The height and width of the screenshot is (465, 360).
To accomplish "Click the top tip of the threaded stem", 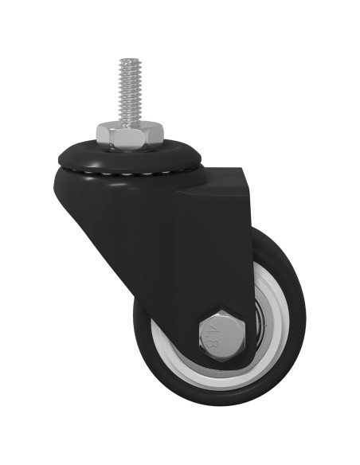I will (128, 61).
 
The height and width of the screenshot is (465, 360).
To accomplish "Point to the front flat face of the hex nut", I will (129, 140).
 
